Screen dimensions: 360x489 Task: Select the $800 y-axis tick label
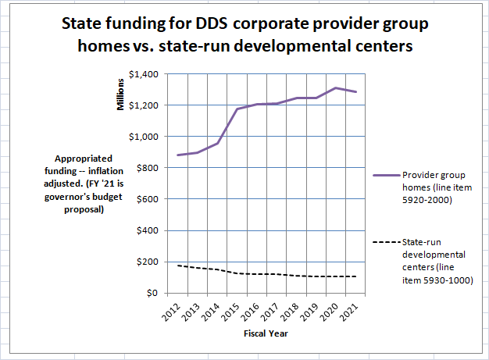(x=148, y=168)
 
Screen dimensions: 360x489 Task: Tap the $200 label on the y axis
(x=148, y=262)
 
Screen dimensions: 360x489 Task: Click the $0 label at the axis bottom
(x=153, y=293)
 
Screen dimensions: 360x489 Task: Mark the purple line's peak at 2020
(x=336, y=87)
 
